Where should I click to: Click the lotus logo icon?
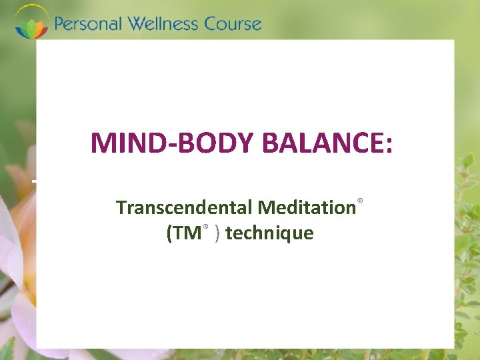click(32, 23)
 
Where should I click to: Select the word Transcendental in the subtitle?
click(185, 207)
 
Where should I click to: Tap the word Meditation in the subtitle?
click(307, 207)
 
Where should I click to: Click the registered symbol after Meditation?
click(360, 200)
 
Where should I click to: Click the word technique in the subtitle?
click(269, 233)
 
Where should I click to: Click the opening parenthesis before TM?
click(169, 233)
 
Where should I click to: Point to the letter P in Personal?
click(60, 25)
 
